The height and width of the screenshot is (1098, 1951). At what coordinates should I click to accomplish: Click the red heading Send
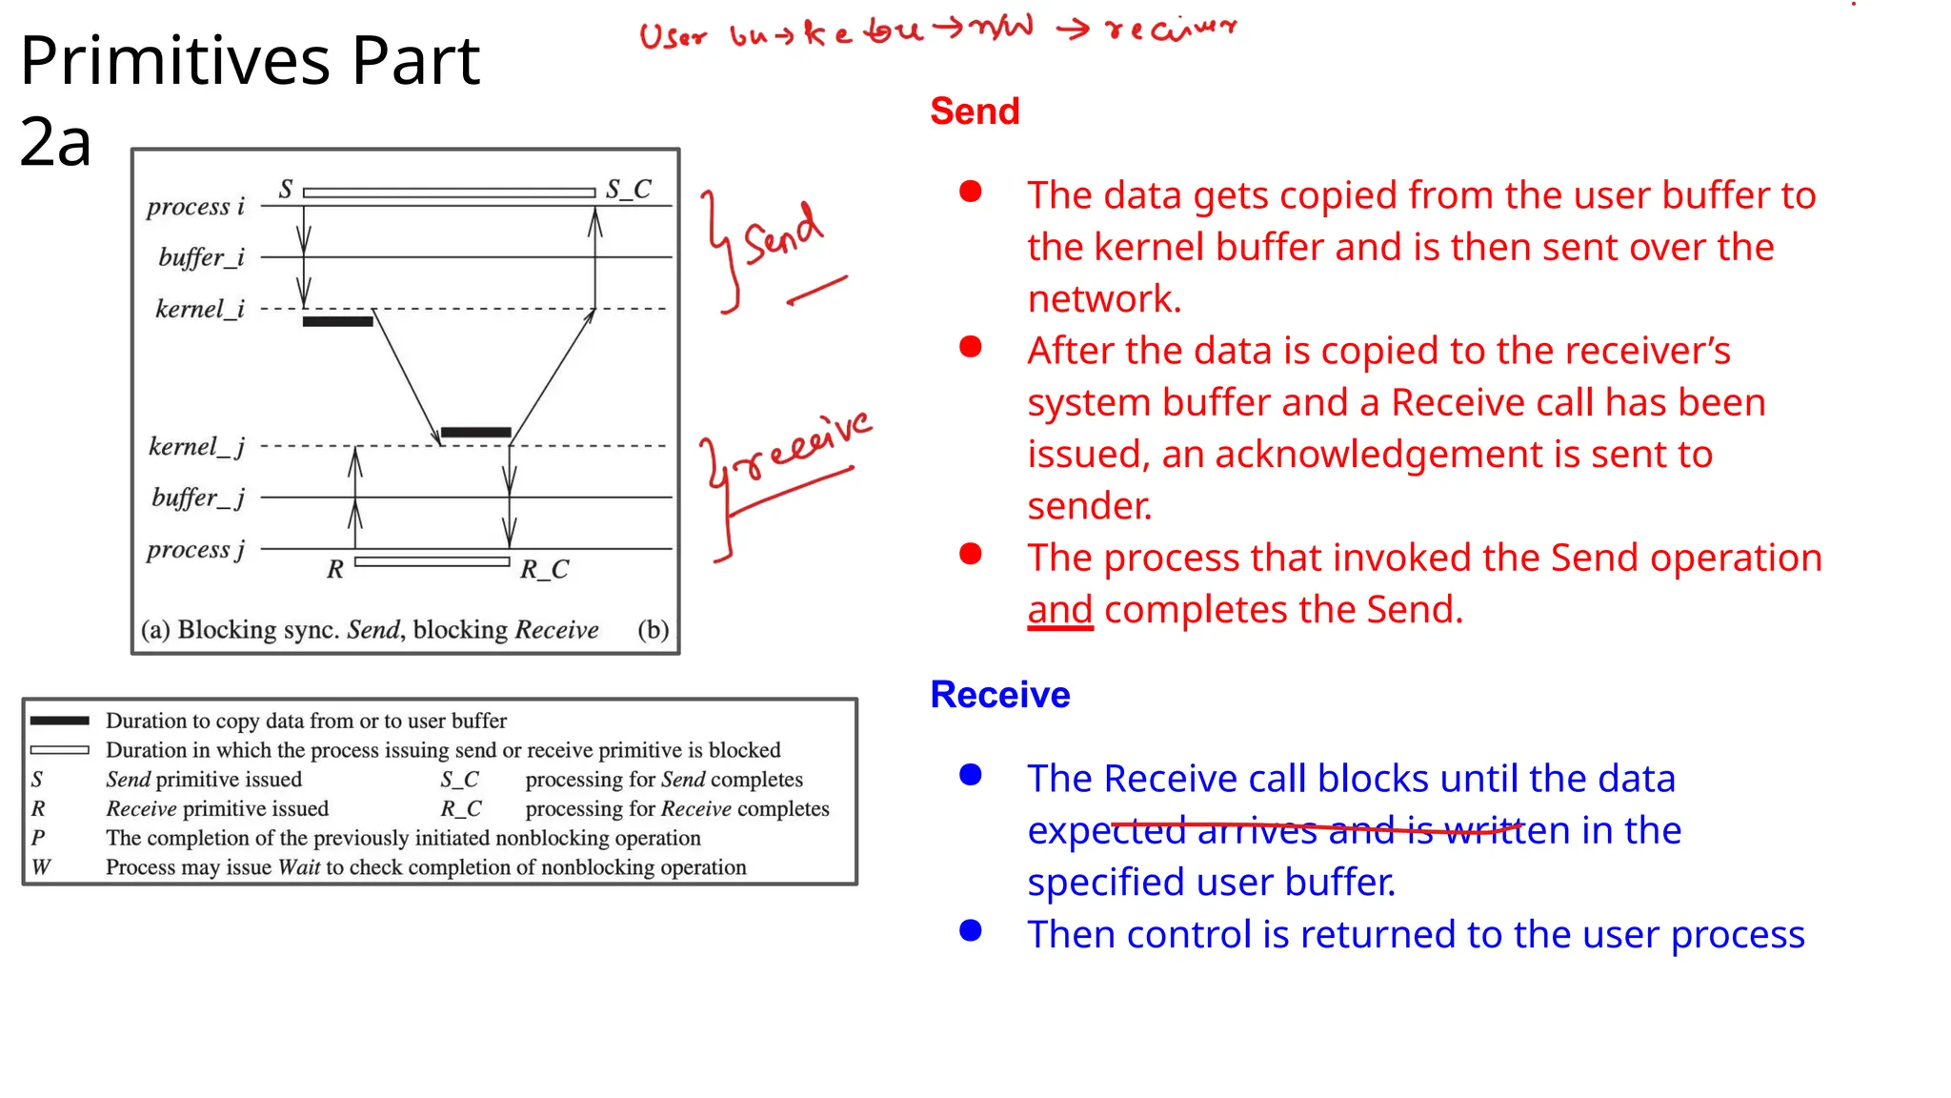(x=975, y=112)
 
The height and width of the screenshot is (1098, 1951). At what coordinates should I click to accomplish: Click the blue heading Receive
(x=999, y=695)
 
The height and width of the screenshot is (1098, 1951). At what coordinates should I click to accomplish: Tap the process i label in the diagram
(x=195, y=207)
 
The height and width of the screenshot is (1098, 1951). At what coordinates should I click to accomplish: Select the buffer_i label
(x=201, y=257)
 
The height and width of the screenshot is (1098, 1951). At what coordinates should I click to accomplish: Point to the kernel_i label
(x=200, y=309)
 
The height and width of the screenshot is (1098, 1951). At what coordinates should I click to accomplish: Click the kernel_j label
(x=196, y=446)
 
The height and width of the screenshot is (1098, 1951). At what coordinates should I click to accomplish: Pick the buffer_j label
(x=198, y=498)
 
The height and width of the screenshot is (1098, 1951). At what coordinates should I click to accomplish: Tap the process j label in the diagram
(x=195, y=550)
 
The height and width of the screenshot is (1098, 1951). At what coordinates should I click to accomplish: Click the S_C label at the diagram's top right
(x=629, y=189)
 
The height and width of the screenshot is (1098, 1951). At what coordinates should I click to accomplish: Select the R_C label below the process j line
(x=544, y=570)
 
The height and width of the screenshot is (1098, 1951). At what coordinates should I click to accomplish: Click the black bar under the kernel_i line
(x=337, y=322)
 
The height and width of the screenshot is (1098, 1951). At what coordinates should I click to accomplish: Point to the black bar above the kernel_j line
(x=475, y=433)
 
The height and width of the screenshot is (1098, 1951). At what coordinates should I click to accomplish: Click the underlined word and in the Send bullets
(x=1059, y=610)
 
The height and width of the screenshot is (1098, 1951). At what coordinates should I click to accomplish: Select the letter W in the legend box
(x=40, y=867)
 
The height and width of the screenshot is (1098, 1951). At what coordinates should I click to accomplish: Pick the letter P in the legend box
(x=38, y=838)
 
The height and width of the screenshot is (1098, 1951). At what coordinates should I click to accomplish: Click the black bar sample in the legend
(x=59, y=721)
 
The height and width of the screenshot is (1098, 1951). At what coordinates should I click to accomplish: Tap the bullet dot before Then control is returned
(x=971, y=931)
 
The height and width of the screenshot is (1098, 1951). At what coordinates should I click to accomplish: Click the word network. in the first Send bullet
(x=1104, y=299)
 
